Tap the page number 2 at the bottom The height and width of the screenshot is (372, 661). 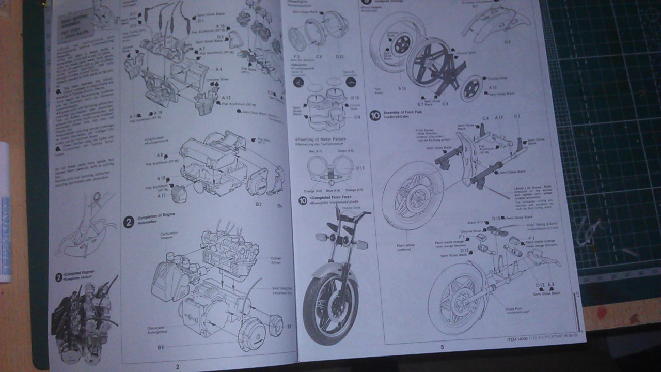point(178,367)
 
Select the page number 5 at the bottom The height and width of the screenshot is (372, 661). point(442,347)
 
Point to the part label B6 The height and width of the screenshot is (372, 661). point(161,347)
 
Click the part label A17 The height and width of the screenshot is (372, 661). point(161,196)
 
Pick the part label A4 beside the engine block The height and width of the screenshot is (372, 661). point(219,69)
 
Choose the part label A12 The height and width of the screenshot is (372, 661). point(226,97)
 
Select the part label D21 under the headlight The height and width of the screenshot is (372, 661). point(340,56)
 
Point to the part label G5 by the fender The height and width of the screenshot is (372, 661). point(507,41)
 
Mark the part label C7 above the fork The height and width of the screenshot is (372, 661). point(516,117)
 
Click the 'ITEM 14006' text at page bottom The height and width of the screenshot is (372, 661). point(517,340)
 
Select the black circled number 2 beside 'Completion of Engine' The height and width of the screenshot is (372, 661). point(129,222)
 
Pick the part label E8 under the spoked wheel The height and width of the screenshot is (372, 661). point(445,104)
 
